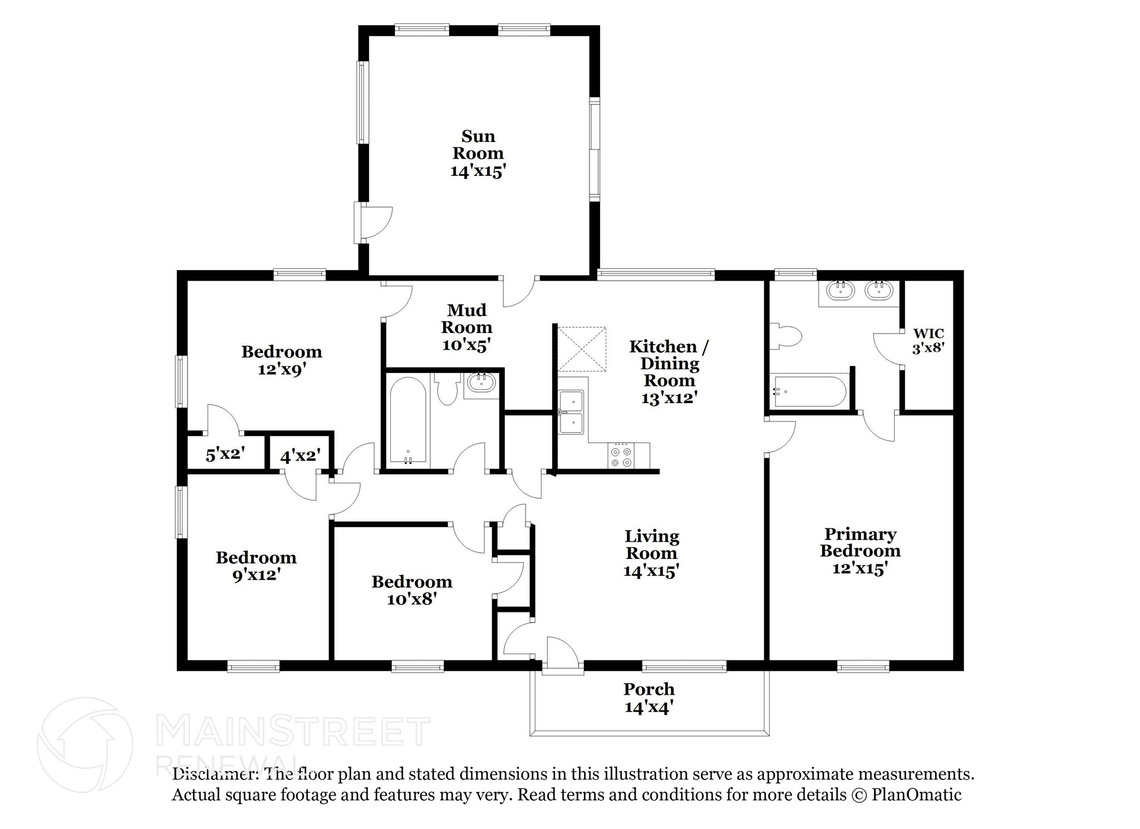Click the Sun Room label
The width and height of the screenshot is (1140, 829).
[x=478, y=153]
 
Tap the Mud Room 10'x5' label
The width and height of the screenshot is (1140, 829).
[x=467, y=327]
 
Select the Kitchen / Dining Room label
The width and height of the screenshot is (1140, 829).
[x=669, y=371]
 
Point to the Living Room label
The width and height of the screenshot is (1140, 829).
[x=651, y=553]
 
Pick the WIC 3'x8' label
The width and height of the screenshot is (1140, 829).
[x=928, y=341]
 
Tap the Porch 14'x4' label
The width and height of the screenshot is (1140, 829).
[x=649, y=698]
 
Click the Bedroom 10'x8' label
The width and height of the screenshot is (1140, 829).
[x=412, y=590]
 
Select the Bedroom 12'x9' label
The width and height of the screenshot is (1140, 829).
[x=282, y=360]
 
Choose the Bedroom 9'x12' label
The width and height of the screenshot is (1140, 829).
[x=256, y=566]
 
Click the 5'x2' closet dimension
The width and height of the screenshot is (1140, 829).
[x=225, y=454]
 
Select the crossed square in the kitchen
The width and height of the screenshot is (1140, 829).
[x=582, y=349]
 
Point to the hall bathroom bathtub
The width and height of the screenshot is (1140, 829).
[x=408, y=420]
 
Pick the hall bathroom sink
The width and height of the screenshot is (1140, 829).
[x=481, y=382]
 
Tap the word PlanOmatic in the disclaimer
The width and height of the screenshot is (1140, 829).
[x=916, y=794]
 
